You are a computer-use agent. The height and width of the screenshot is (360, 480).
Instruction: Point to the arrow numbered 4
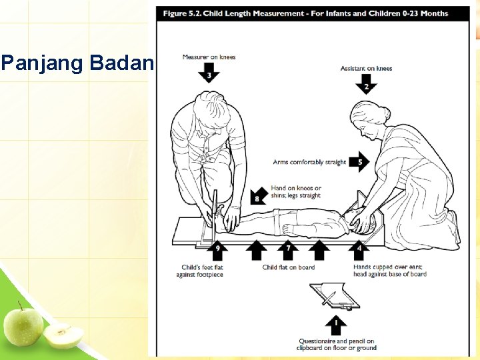point(359,249)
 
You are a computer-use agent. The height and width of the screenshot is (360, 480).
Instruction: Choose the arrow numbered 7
point(288,249)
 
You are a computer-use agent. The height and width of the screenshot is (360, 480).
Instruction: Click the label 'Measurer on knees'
point(209,57)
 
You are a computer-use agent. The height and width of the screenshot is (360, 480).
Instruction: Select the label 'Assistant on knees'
point(366,68)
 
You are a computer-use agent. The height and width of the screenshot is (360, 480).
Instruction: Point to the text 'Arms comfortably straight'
point(309,162)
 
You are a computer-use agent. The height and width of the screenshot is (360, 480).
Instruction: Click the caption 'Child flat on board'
point(288,267)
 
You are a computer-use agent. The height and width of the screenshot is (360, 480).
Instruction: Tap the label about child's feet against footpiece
point(200,271)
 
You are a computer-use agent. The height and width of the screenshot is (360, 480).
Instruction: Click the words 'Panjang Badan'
point(77,64)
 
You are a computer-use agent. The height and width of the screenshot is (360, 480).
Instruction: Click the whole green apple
point(23,325)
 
